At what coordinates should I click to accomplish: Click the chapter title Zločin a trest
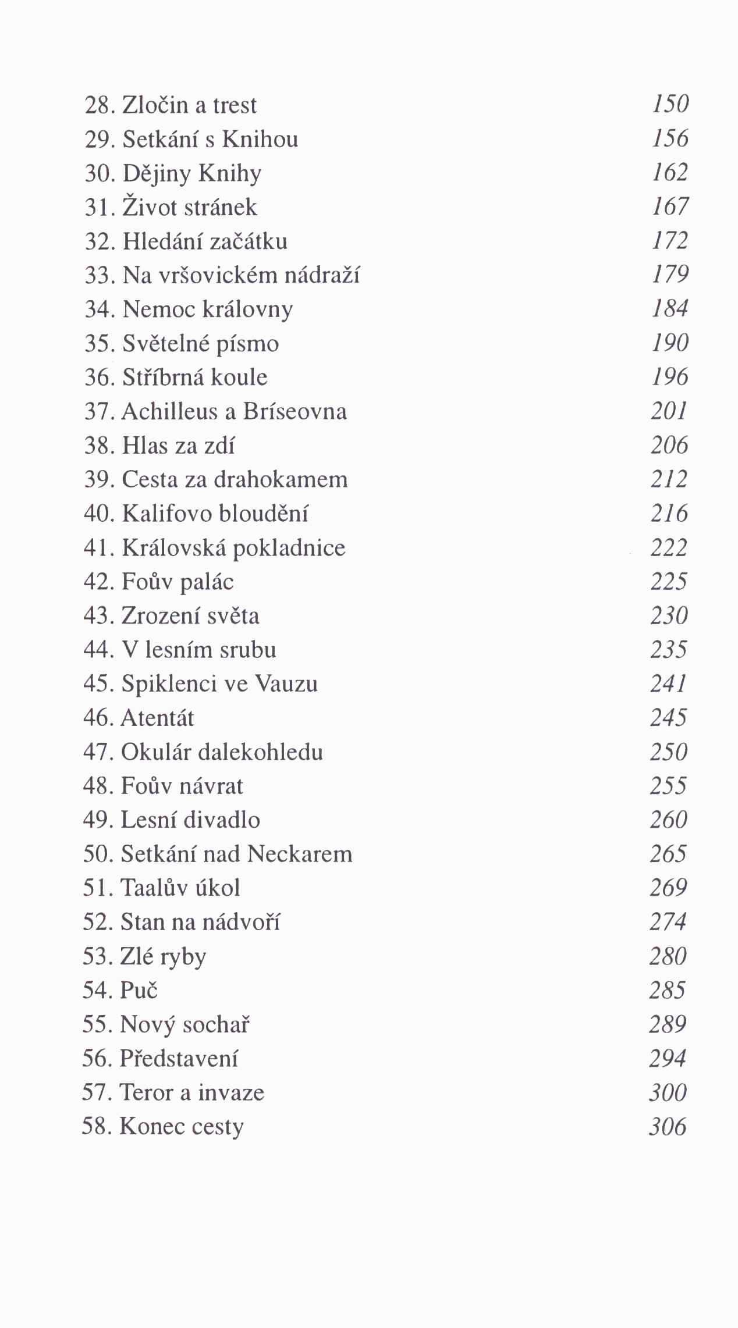pyautogui.click(x=189, y=105)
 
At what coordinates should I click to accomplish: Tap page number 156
pyautogui.click(x=670, y=138)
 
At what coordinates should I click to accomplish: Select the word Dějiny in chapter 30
pyautogui.click(x=157, y=174)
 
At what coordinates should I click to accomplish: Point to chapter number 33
pyautogui.click(x=97, y=275)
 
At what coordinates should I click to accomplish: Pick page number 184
pyautogui.click(x=670, y=309)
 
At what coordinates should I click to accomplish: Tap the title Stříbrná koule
pyautogui.click(x=194, y=378)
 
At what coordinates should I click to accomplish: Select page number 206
pyautogui.click(x=669, y=446)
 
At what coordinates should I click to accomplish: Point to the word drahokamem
pyautogui.click(x=281, y=479)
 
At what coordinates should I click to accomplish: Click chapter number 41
pyautogui.click(x=96, y=548)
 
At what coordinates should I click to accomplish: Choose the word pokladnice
pyautogui.click(x=289, y=548)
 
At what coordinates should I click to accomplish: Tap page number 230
pyautogui.click(x=669, y=616)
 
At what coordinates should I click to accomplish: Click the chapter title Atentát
pyautogui.click(x=157, y=718)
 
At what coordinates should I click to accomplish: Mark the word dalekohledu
pyautogui.click(x=261, y=752)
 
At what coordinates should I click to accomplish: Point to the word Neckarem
pyautogui.click(x=300, y=854)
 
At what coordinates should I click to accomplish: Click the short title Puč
pyautogui.click(x=139, y=990)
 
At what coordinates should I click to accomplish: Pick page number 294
pyautogui.click(x=668, y=1059)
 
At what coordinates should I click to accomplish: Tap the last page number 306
pyautogui.click(x=668, y=1127)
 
